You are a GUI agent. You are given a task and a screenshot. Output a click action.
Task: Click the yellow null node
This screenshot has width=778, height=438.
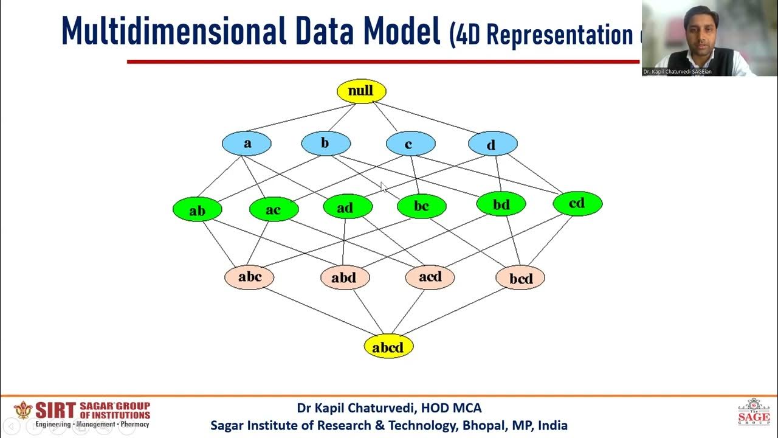[x=361, y=91]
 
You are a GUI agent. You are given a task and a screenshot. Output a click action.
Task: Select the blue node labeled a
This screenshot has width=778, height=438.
[x=247, y=144]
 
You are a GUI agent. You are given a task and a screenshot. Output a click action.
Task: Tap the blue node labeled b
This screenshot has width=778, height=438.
[x=326, y=144]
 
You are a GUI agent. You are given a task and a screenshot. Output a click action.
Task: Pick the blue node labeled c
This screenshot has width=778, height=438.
[x=410, y=144]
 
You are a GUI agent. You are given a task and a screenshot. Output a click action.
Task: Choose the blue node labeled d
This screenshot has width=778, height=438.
[x=492, y=144]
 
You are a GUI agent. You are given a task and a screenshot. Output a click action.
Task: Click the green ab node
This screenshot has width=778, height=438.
[x=198, y=210]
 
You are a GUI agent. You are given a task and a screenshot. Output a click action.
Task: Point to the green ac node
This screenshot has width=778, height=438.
[x=274, y=210]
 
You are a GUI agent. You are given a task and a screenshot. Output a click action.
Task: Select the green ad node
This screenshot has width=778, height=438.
[x=347, y=207]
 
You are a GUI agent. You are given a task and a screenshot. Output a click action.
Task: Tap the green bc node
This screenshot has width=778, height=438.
[x=421, y=207]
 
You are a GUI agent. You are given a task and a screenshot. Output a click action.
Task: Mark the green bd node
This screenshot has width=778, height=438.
[x=501, y=204]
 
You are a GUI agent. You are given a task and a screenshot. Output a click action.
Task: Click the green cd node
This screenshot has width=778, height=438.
[x=577, y=204]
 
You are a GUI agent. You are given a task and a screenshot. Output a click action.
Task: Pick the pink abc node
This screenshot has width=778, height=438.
[x=249, y=277]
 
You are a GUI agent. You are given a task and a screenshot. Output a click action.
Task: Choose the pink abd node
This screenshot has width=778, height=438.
[x=345, y=278]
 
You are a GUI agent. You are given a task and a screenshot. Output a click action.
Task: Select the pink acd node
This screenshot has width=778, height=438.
[x=430, y=277]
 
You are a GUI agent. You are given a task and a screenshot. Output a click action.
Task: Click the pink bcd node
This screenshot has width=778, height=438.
[x=520, y=278]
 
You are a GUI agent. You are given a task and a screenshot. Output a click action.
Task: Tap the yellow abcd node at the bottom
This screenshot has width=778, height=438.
[x=388, y=347]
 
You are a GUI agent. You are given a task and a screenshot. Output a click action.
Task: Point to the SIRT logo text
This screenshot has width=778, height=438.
[x=55, y=409]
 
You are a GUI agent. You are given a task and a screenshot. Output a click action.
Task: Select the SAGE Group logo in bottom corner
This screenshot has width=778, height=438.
[x=753, y=412]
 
